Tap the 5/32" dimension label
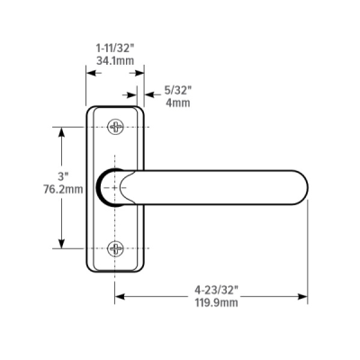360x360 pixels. (178, 89)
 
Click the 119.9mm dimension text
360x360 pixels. (216, 303)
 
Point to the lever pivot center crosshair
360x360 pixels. (114, 187)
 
